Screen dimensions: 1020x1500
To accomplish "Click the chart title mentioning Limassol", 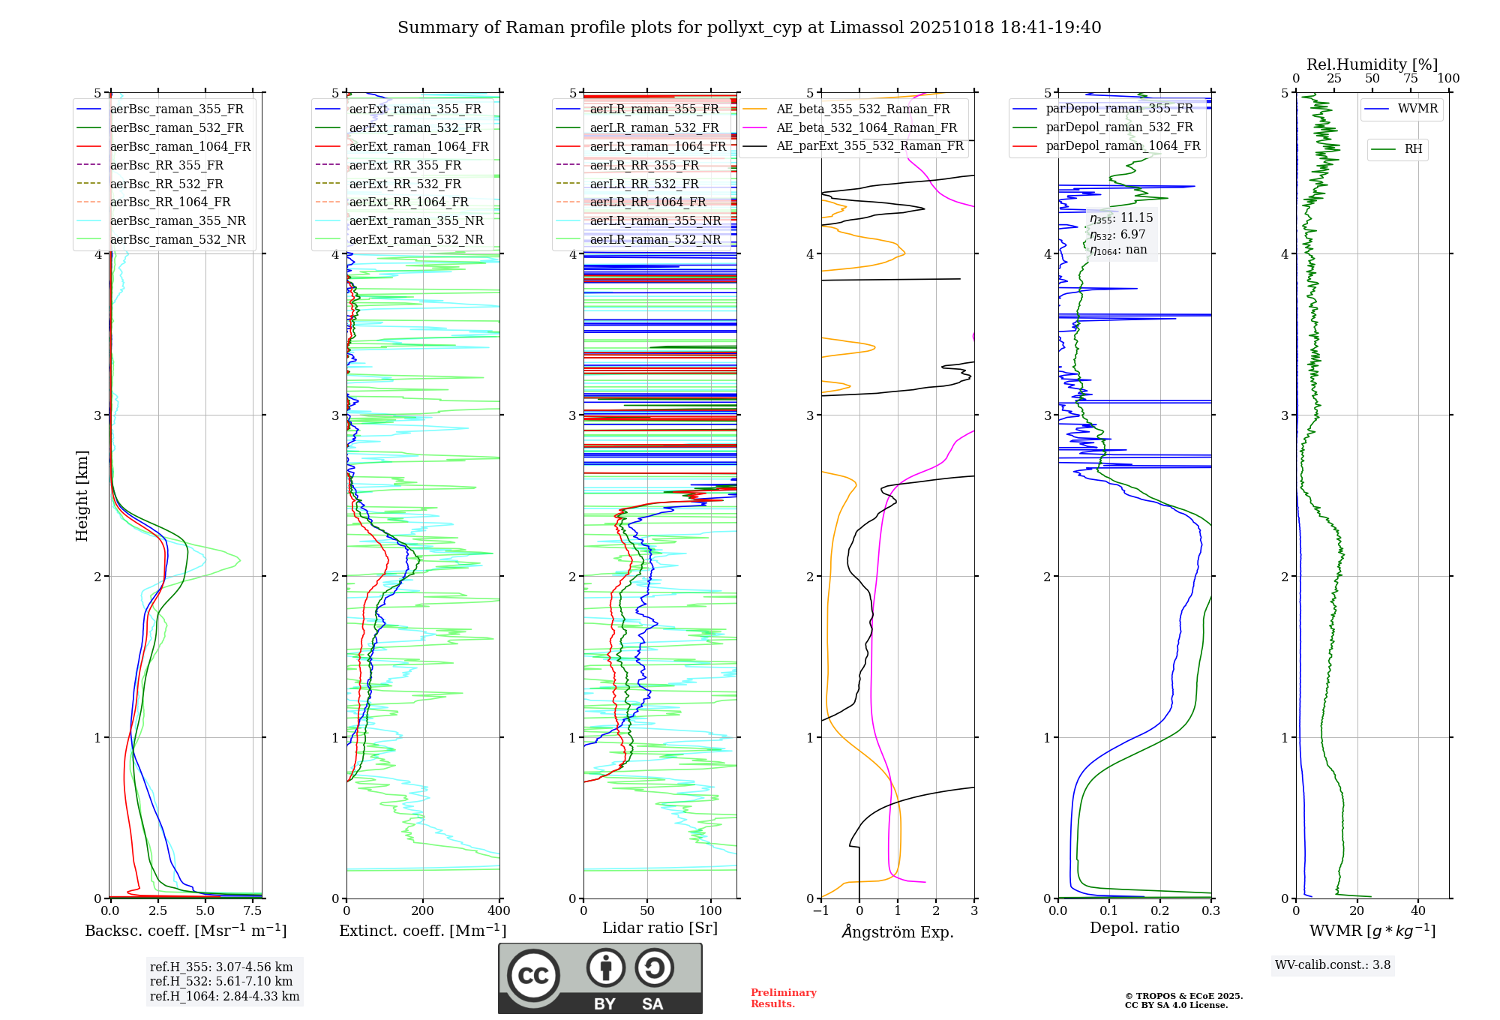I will [x=749, y=28].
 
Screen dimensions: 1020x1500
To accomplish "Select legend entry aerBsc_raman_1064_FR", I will [x=180, y=146].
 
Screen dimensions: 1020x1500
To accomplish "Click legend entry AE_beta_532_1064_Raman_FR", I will [x=866, y=127].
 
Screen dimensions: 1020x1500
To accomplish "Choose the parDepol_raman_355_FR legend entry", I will [x=1119, y=109].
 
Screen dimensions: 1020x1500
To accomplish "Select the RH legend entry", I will [x=1413, y=149].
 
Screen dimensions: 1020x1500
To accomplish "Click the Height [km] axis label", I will [x=82, y=496].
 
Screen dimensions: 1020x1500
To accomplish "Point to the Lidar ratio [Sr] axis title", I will [x=659, y=928].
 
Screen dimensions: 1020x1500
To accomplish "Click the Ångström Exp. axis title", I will [x=897, y=931].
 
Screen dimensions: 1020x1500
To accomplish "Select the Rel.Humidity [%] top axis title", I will [x=1372, y=64].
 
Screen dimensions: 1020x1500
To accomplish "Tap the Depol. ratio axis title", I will [x=1134, y=928].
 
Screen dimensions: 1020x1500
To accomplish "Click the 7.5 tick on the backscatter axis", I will [x=253, y=910].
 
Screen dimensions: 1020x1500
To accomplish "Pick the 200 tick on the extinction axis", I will [x=423, y=910].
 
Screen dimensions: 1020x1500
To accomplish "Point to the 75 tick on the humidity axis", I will [x=1411, y=79].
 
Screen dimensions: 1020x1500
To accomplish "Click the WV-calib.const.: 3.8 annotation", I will [x=1332, y=964].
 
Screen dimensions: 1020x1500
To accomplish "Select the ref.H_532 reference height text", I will [x=221, y=981].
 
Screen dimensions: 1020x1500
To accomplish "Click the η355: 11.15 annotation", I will [x=1121, y=218].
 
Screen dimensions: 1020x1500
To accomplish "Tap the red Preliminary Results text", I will [x=783, y=997].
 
